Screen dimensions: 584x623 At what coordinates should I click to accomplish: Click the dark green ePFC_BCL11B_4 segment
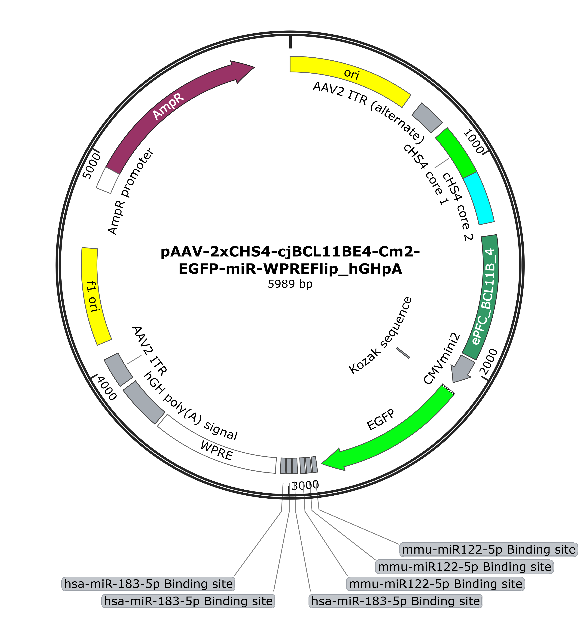(485, 296)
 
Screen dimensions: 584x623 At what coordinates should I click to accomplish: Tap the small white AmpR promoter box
(108, 181)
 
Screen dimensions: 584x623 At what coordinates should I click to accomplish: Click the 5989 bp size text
(290, 284)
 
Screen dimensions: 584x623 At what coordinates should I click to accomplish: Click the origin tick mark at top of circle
(290, 42)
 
